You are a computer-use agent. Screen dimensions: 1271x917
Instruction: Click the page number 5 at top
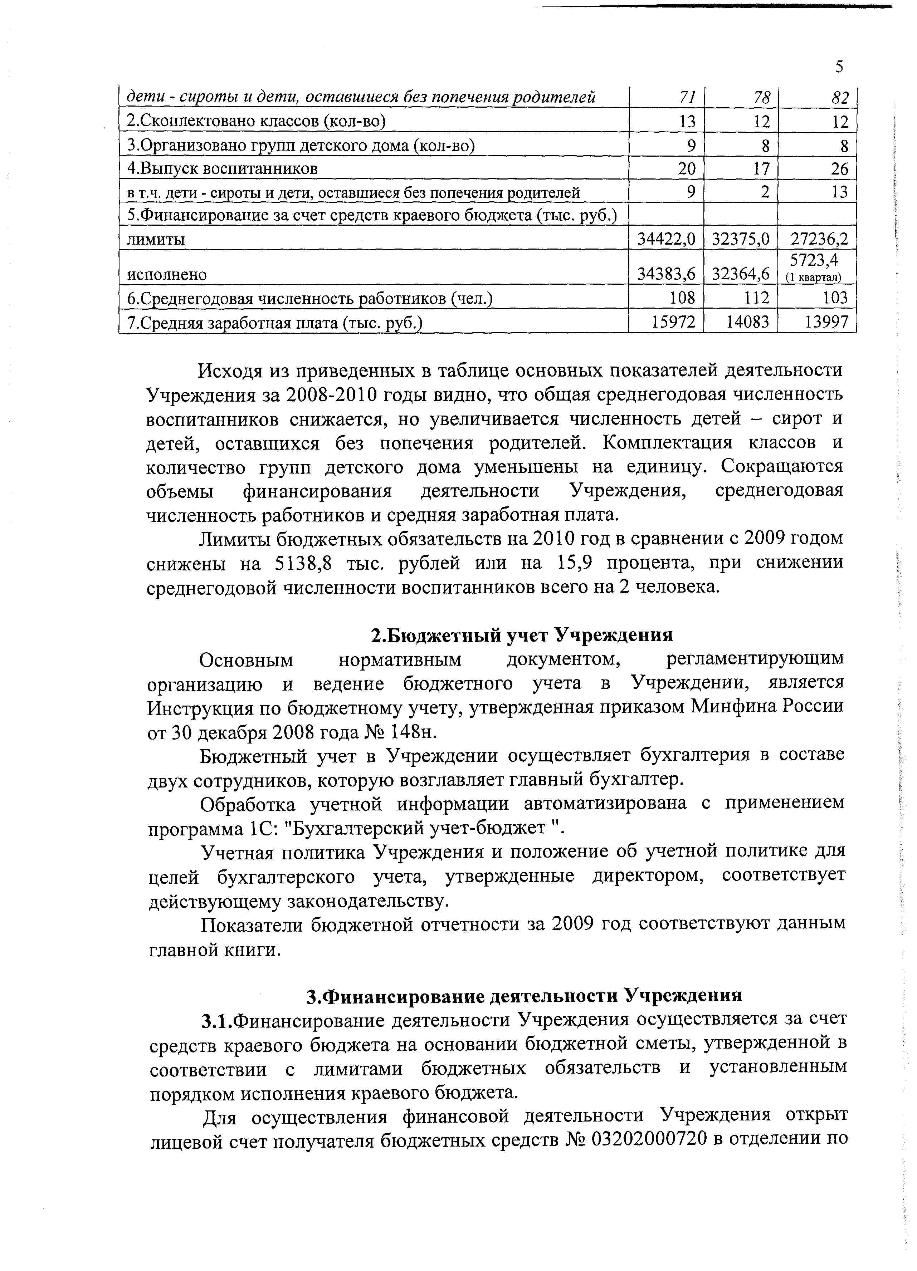pyautogui.click(x=839, y=67)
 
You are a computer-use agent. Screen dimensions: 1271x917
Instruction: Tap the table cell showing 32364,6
pyautogui.click(x=741, y=274)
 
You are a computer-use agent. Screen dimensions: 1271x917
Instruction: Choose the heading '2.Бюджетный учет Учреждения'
pyautogui.click(x=522, y=635)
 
